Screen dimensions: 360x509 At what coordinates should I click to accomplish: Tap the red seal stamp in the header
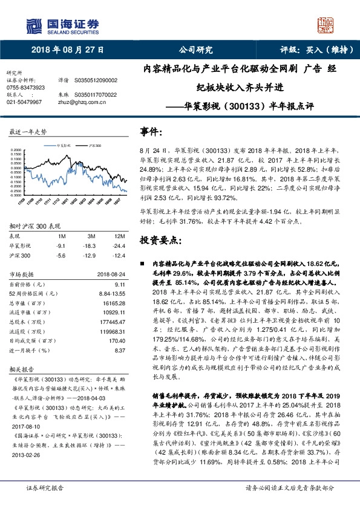point(327,25)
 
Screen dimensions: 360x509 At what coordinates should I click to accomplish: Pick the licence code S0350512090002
point(96,80)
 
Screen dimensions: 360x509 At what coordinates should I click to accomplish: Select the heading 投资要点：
point(160,239)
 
